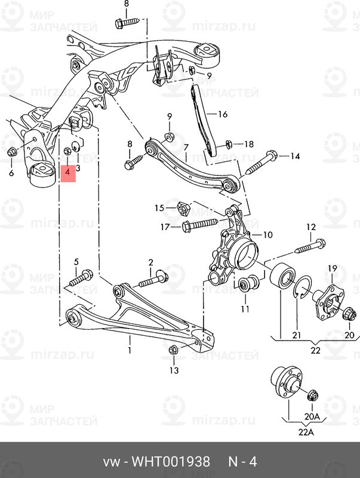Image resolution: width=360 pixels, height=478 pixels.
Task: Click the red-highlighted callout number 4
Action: tap(67, 171)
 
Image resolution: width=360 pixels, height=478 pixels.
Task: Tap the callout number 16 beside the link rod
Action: tap(223, 114)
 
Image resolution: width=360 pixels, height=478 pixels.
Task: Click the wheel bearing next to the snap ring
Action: tap(282, 277)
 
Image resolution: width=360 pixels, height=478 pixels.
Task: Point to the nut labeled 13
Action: tap(173, 350)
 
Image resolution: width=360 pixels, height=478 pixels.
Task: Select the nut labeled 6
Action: tap(12, 151)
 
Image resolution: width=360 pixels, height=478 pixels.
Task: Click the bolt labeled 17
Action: tap(199, 225)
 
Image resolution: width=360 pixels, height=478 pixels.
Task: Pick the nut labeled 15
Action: tap(184, 209)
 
